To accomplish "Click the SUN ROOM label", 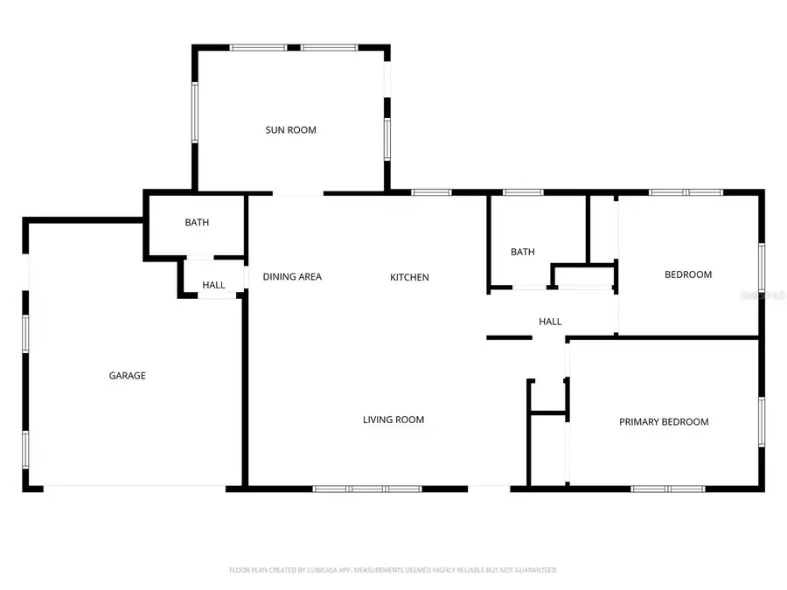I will [291, 130].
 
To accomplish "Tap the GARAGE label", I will [127, 376].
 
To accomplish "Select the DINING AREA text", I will [292, 277].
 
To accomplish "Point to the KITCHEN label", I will [409, 277].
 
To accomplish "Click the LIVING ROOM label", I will [393, 420].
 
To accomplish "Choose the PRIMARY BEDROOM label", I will [664, 422].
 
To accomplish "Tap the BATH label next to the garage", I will [197, 223].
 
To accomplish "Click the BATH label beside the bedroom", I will [523, 253].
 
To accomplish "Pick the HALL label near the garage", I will [213, 285].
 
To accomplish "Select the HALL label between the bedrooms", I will [550, 322].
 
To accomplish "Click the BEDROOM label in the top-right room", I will [688, 274].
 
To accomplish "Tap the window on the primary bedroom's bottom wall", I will [669, 489].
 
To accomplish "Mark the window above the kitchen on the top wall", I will [431, 191].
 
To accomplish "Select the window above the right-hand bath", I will [523, 191].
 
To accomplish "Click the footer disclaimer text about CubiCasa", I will [393, 570].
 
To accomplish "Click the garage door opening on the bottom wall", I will [135, 488].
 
